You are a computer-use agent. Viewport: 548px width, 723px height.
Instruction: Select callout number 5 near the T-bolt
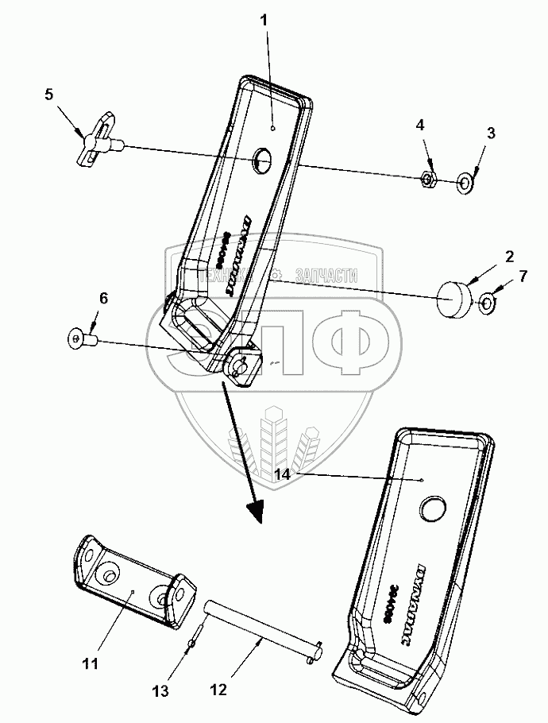pos(49,95)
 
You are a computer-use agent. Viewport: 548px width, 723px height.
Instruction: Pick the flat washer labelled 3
pos(464,184)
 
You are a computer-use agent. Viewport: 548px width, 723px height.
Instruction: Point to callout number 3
pos(491,133)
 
